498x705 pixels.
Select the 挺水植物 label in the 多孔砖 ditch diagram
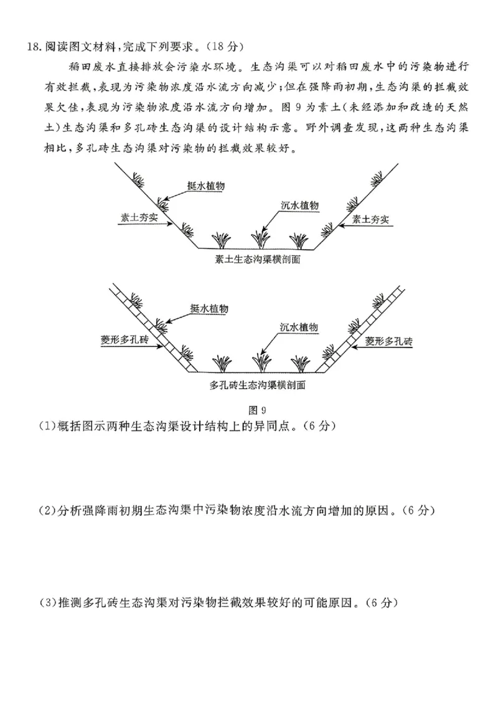click(210, 309)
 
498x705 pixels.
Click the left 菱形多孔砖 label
click(125, 340)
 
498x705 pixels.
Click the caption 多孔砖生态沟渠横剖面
click(257, 385)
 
